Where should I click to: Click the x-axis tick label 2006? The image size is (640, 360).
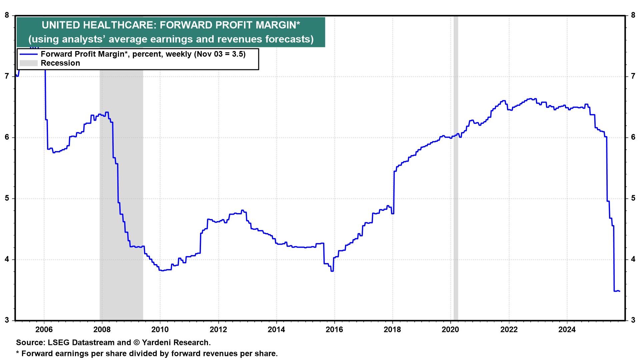(44, 330)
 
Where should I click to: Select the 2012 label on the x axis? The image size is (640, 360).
(218, 330)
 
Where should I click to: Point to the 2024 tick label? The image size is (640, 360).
(567, 330)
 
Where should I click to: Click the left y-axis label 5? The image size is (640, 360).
(7, 199)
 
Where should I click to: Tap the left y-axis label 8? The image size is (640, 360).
(7, 15)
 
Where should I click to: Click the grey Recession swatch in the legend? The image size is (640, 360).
(28, 63)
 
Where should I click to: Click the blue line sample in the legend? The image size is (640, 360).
(28, 54)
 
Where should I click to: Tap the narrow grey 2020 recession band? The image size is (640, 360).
(456, 167)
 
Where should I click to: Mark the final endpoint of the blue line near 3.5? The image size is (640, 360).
(619, 291)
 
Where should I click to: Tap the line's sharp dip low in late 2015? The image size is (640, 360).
(332, 271)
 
